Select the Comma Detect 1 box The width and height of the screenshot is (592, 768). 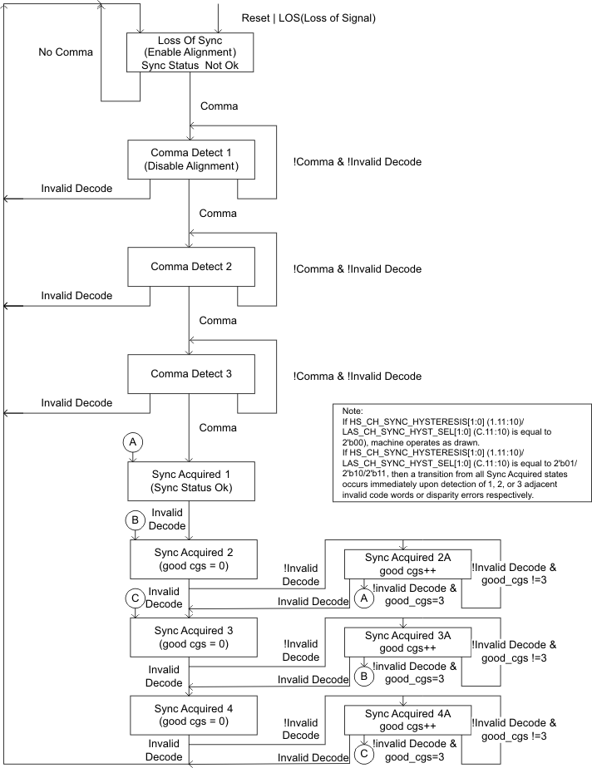point(190,160)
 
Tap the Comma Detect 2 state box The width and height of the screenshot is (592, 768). point(190,267)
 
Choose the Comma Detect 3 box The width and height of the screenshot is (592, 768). point(190,374)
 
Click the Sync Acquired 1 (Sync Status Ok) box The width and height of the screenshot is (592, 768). point(190,480)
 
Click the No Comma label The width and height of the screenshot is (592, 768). point(66,52)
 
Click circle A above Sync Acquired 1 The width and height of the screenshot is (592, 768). point(131,443)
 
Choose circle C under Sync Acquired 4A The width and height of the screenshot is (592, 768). point(363,754)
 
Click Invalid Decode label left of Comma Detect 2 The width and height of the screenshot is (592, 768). point(76,295)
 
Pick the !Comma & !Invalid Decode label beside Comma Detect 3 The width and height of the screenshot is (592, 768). point(358,376)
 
